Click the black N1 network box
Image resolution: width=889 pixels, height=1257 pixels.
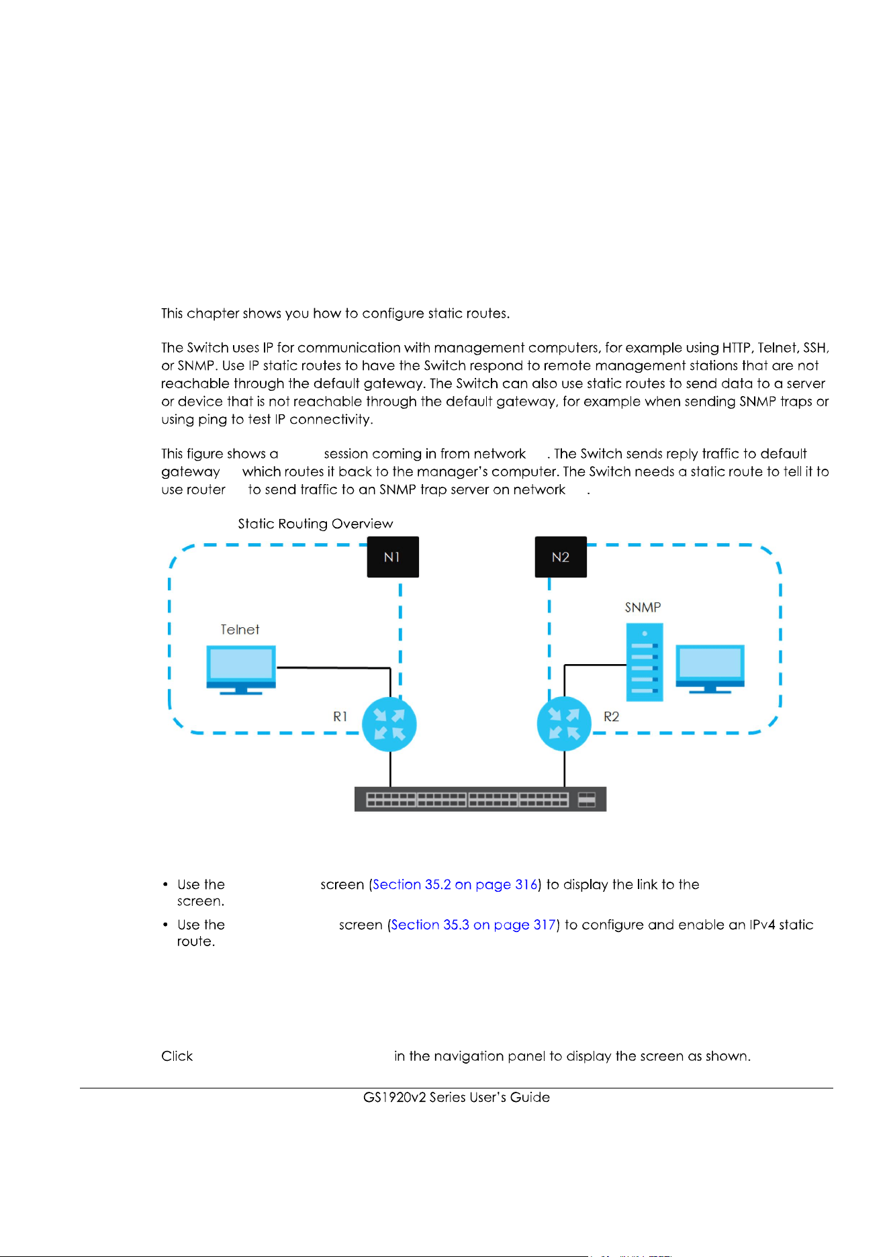(x=393, y=557)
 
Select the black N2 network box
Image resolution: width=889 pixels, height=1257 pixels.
(x=561, y=557)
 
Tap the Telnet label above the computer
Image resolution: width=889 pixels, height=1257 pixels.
(x=240, y=629)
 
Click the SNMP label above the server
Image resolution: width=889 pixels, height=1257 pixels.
(x=643, y=607)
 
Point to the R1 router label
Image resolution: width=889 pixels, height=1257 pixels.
(x=340, y=716)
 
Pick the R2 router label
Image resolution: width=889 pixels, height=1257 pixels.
(x=611, y=716)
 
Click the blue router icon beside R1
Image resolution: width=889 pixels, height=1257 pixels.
(x=389, y=725)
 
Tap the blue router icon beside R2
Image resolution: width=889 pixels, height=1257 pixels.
(x=564, y=725)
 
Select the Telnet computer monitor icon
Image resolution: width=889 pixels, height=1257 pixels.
(x=241, y=669)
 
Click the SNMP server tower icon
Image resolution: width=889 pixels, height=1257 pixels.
(x=645, y=662)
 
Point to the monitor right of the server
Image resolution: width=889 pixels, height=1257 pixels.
(x=710, y=669)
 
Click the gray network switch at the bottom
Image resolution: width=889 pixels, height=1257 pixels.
(x=480, y=799)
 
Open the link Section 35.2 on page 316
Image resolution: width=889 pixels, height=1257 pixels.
(x=455, y=884)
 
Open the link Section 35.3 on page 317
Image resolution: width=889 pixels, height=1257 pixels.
(x=473, y=925)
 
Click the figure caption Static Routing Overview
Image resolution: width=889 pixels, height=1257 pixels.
(x=316, y=524)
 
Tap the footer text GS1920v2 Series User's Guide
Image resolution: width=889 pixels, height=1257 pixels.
(x=457, y=1097)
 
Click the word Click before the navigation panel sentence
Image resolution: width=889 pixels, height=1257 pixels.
(x=177, y=1056)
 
